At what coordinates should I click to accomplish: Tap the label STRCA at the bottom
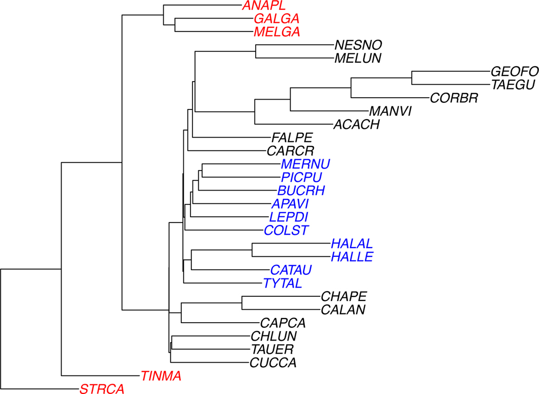click(102, 389)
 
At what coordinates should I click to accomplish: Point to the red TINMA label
click(161, 376)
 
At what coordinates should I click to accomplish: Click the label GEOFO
click(514, 71)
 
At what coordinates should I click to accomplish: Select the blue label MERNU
click(304, 164)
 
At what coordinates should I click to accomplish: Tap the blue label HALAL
click(352, 243)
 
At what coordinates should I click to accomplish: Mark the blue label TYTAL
click(283, 283)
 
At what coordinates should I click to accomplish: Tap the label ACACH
click(356, 124)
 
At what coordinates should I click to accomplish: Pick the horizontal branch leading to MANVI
click(329, 111)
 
